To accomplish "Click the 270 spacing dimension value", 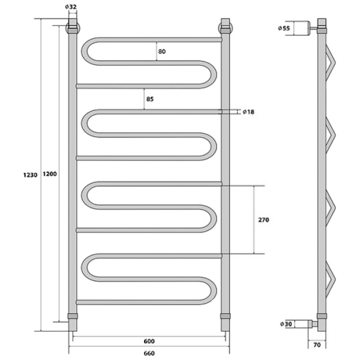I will [x=263, y=220].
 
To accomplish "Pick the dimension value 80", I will [x=162, y=52].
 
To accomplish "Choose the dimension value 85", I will [x=149, y=98].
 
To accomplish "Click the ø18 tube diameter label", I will [x=248, y=112].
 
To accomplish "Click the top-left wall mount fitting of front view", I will [x=72, y=28].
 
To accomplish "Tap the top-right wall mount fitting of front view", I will [x=226, y=28].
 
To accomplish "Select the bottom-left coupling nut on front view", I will [x=73, y=316].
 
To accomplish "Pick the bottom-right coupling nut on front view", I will [x=226, y=316].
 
